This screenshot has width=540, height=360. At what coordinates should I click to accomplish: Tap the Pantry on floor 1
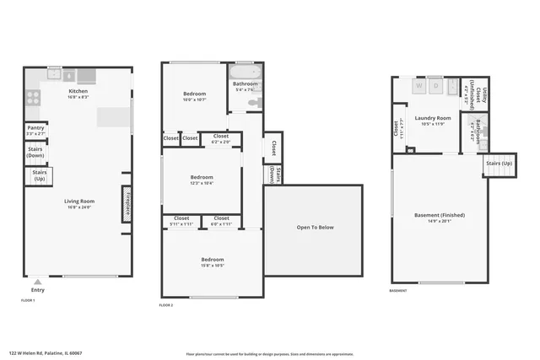coord(35,131)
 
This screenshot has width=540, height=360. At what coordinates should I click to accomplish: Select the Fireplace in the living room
coord(127,204)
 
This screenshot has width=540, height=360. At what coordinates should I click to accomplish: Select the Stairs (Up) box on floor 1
coord(39,176)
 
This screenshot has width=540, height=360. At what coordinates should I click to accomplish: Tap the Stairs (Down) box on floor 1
coord(35,153)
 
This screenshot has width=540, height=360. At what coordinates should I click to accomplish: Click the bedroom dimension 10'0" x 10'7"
coord(195,99)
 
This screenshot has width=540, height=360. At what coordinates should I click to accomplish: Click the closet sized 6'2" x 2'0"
coord(220,139)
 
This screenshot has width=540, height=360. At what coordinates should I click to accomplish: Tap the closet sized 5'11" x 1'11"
coord(181,222)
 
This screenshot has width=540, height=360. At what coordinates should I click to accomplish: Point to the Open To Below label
coord(315,227)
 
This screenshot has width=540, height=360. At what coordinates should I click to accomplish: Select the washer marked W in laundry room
coord(419,85)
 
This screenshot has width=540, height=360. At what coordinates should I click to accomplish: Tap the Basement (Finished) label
coord(440,218)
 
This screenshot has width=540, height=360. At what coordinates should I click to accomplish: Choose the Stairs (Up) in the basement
coord(499,164)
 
